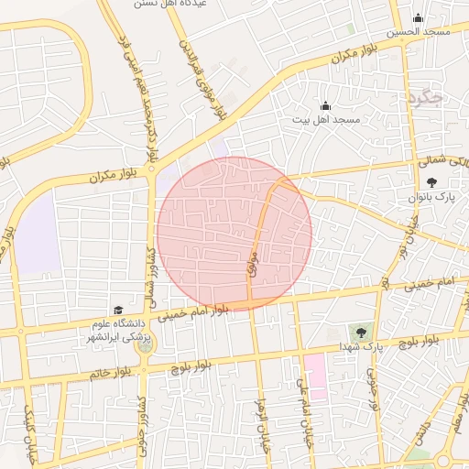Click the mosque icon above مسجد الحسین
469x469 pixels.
[x=419, y=17]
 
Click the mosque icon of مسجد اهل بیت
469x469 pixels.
[x=325, y=106]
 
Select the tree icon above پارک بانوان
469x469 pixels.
[x=432, y=182]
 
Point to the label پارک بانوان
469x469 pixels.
[x=433, y=197]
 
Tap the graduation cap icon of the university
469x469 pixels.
[x=117, y=311]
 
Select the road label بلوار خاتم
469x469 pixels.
[x=111, y=374]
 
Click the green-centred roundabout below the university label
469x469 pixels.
[x=145, y=339]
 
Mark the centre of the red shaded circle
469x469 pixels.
[x=234, y=234]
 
